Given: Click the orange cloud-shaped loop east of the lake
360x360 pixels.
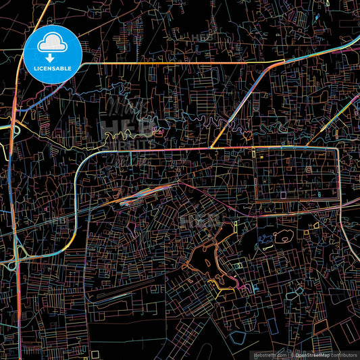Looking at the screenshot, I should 283,236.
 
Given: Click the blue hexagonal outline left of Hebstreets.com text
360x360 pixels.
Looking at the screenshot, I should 236,335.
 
